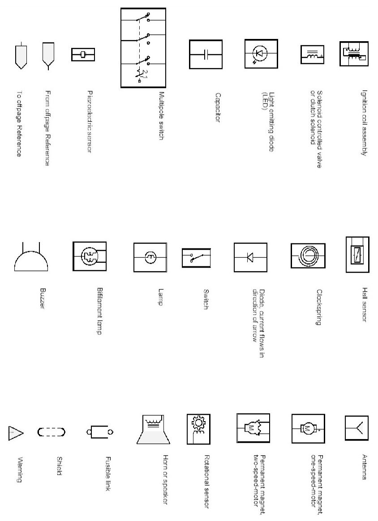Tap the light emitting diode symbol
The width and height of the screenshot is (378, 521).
click(260, 54)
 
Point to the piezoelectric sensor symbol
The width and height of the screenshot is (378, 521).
click(83, 55)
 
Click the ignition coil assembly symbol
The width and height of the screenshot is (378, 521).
click(354, 53)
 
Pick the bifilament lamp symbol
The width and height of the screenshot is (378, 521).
click(90, 257)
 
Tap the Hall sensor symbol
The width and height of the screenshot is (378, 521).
click(357, 255)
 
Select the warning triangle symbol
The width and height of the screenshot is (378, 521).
click(15, 432)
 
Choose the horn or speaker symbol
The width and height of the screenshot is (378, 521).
click(154, 430)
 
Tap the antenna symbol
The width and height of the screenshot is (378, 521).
click(357, 428)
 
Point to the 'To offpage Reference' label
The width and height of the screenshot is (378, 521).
click(19, 124)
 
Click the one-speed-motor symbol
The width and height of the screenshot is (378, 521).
click(307, 428)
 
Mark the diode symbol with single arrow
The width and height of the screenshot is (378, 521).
click(250, 257)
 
